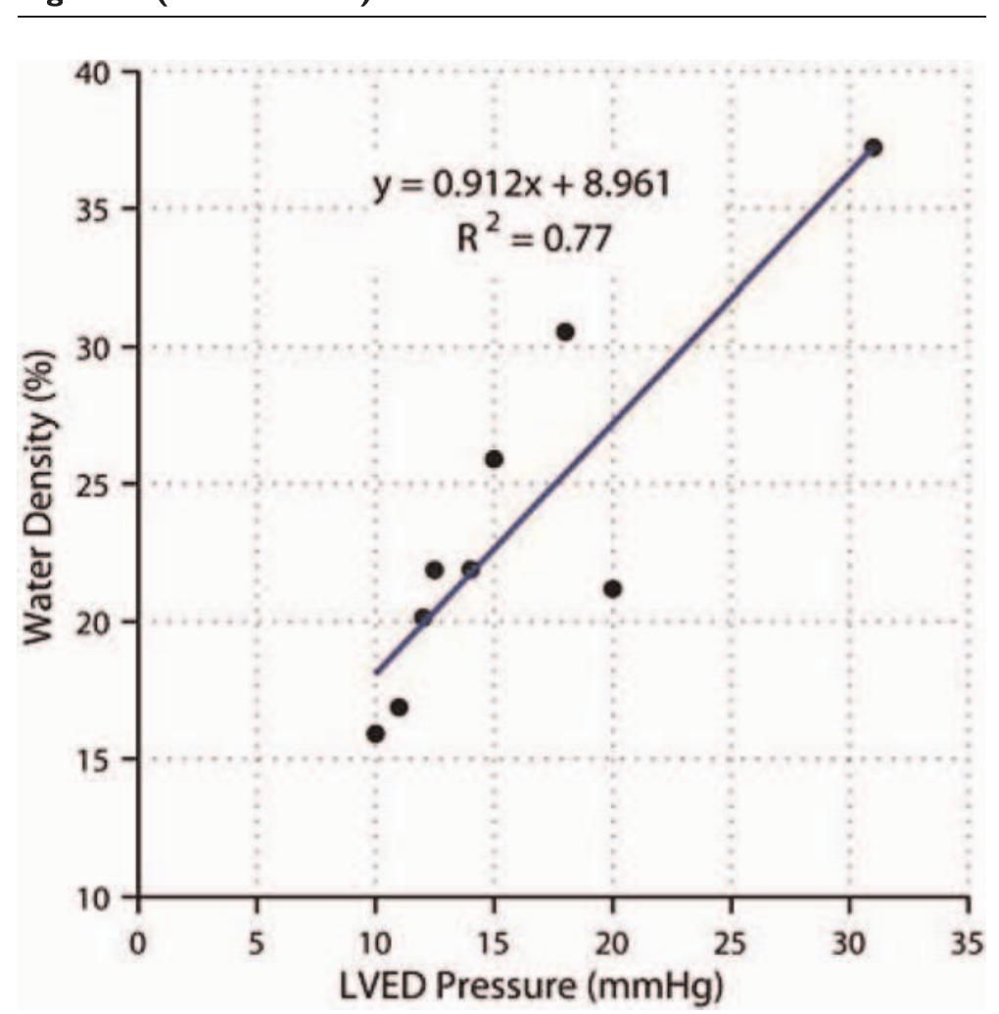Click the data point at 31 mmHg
(x=874, y=148)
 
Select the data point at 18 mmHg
(x=565, y=332)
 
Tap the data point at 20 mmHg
(x=613, y=588)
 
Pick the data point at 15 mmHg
(x=494, y=459)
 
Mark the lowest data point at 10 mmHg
(x=375, y=734)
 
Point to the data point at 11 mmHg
(x=399, y=707)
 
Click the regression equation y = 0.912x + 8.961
(x=522, y=185)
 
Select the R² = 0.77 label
(x=533, y=238)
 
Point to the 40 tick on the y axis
(x=101, y=74)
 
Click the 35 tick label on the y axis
(x=101, y=209)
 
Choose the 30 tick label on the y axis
(x=101, y=347)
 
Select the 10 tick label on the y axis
(x=101, y=897)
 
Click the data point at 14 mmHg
(x=470, y=570)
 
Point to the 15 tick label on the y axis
(x=101, y=760)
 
